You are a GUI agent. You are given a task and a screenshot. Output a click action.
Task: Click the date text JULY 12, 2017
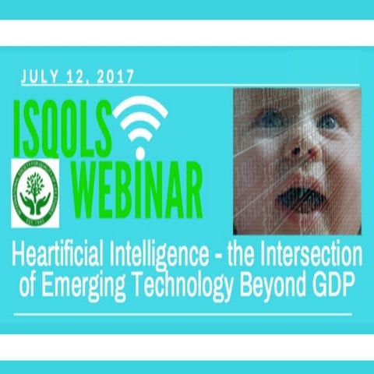tap(78, 76)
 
